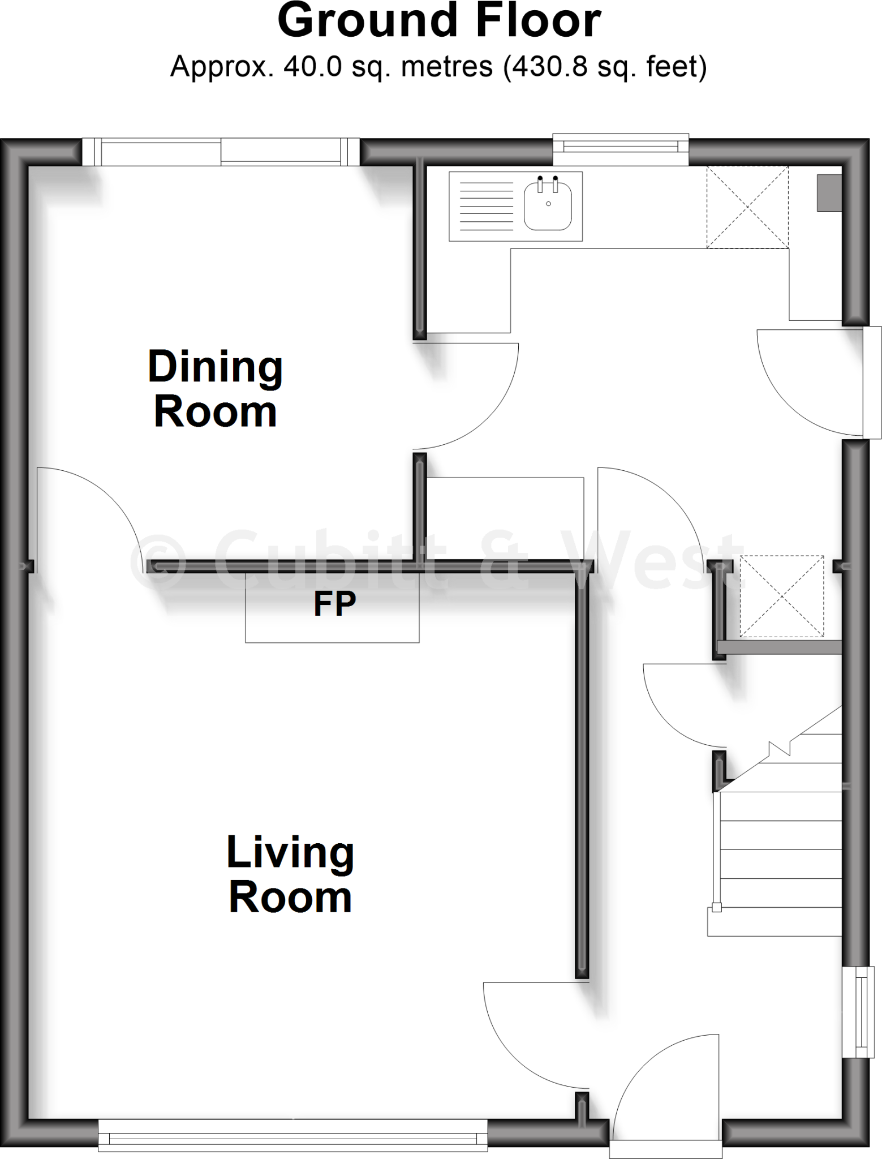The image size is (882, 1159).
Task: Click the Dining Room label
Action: pyautogui.click(x=215, y=389)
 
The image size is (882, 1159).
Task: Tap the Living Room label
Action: pyautogui.click(x=290, y=874)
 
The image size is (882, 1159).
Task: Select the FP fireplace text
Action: pyautogui.click(x=334, y=604)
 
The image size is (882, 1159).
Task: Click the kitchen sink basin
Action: pyautogui.click(x=548, y=206)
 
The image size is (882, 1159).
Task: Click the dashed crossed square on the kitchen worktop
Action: pyautogui.click(x=747, y=207)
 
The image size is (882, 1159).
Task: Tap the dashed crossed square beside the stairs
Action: pyautogui.click(x=782, y=596)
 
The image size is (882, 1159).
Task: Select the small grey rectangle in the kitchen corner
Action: pyautogui.click(x=829, y=193)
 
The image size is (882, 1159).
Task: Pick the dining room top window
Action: pyautogui.click(x=221, y=152)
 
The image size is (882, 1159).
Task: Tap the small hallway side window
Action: pyautogui.click(x=857, y=1011)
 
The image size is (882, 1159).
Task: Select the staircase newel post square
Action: pyautogui.click(x=717, y=908)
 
